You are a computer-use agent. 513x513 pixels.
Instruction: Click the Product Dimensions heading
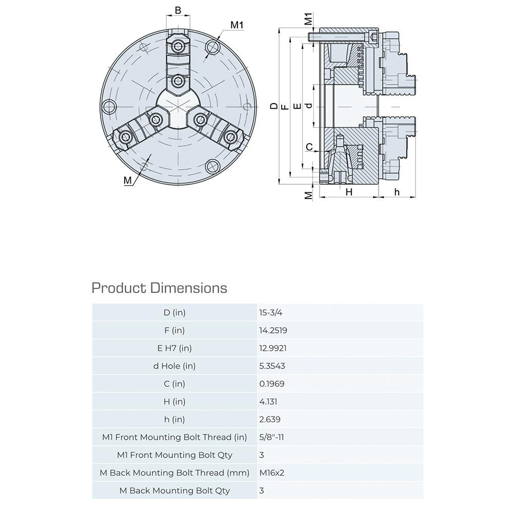(159, 288)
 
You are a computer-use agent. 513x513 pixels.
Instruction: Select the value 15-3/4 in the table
(271, 312)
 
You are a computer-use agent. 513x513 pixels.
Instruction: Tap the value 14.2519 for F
(273, 330)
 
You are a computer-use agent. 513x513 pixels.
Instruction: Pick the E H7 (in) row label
(174, 348)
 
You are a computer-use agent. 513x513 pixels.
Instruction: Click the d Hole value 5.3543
(273, 366)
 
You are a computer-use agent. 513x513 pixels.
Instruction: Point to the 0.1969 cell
(272, 384)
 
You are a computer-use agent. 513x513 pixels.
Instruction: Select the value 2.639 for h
(270, 419)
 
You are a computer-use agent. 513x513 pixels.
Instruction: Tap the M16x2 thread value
(272, 472)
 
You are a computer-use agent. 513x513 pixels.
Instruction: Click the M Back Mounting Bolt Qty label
(174, 490)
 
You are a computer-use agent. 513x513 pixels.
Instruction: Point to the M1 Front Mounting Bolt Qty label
(174, 455)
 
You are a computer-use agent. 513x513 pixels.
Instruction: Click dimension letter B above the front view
(178, 10)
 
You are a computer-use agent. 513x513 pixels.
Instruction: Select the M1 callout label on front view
(236, 25)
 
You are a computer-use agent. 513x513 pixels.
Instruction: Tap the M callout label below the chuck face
(128, 181)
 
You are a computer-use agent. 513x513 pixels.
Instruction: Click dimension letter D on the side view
(274, 106)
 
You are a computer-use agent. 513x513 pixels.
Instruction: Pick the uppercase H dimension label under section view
(349, 192)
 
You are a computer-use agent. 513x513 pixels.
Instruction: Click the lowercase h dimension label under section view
(397, 192)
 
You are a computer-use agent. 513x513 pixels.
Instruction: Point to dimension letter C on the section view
(309, 147)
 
